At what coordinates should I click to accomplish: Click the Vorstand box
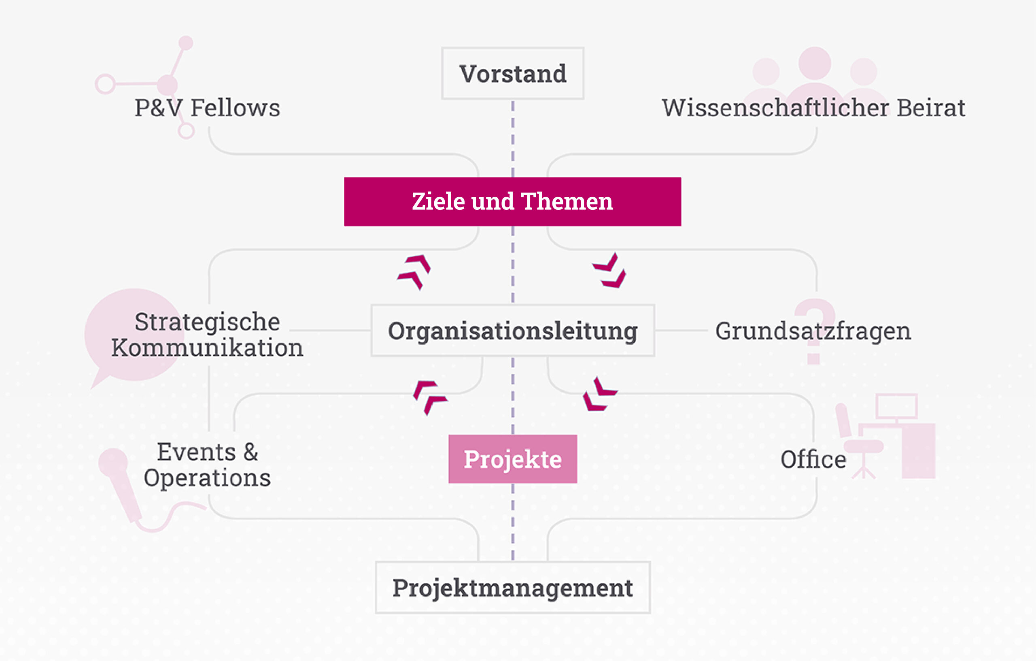click(x=512, y=74)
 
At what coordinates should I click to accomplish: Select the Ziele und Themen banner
click(x=512, y=202)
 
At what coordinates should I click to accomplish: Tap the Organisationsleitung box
click(x=512, y=331)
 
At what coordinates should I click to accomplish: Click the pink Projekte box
click(x=512, y=459)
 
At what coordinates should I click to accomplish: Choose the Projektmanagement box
click(x=512, y=587)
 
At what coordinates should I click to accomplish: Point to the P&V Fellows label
click(x=207, y=108)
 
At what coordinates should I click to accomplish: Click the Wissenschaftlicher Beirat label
click(x=813, y=108)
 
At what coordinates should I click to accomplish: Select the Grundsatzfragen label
click(x=813, y=331)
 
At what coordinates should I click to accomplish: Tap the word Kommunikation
click(x=207, y=348)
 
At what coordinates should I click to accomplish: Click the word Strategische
click(x=207, y=322)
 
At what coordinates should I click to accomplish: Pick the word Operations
click(x=207, y=478)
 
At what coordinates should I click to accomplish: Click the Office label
click(x=813, y=459)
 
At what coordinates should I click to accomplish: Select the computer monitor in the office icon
click(x=897, y=406)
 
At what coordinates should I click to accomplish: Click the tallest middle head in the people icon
click(x=814, y=63)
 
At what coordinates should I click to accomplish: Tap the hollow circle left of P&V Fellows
click(x=105, y=84)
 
